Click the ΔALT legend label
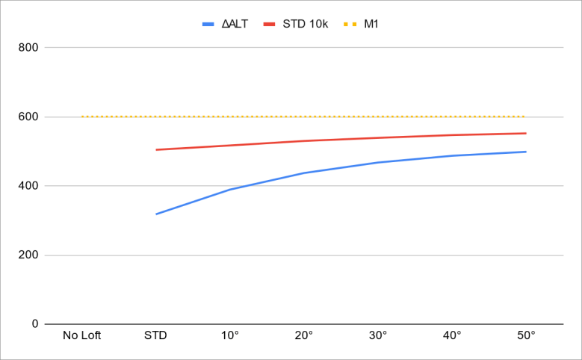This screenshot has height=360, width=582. point(235,24)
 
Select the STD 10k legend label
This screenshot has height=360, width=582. point(305,24)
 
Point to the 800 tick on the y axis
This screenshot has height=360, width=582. point(29,48)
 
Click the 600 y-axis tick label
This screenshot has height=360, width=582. point(29,117)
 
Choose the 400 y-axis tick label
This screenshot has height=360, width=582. point(29,186)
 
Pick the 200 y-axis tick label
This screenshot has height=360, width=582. point(29,255)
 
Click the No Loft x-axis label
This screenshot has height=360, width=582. point(82,335)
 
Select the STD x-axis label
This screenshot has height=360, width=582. point(155,335)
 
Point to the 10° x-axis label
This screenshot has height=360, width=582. point(230,335)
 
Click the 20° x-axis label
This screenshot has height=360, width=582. point(304,335)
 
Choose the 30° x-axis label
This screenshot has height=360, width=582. point(378,335)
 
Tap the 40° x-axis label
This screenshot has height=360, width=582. point(452,335)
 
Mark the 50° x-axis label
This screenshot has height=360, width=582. point(526,335)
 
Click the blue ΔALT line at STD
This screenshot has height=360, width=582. point(156,214)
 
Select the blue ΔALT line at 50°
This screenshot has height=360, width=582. point(526,152)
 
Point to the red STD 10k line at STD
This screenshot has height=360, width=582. point(156,149)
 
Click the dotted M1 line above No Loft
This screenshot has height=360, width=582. point(82,117)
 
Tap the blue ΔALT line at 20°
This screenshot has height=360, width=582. point(304,173)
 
